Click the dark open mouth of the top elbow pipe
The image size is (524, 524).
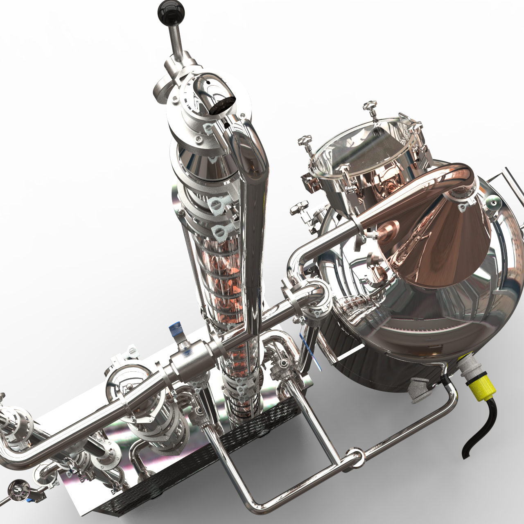[x=221, y=104]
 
